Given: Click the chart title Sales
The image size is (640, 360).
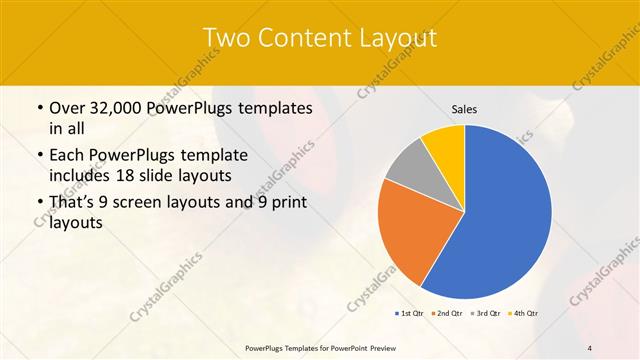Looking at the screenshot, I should (465, 108).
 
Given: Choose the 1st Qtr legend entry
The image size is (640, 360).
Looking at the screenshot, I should (410, 314).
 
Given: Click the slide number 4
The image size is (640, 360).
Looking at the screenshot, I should (590, 347).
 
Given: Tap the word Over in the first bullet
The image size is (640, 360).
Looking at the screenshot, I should (67, 107).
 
